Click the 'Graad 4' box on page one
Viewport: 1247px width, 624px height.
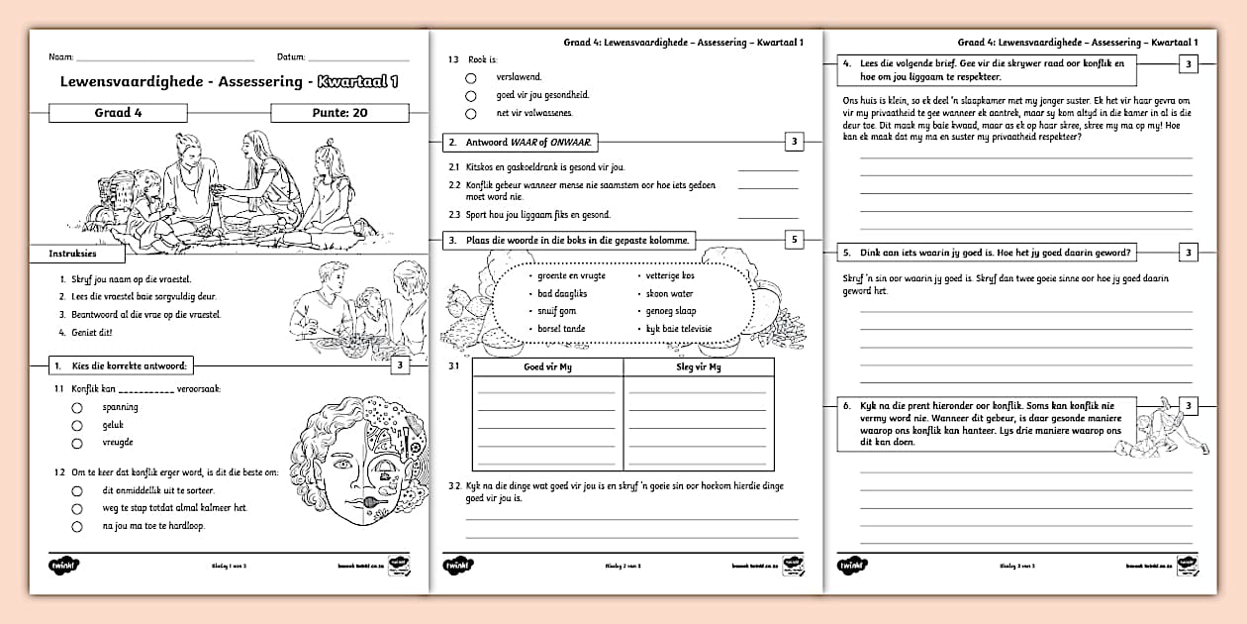click(119, 113)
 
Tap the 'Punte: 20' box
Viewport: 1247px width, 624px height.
click(339, 113)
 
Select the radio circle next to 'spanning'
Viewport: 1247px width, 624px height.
click(76, 407)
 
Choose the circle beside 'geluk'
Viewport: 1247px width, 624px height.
click(76, 425)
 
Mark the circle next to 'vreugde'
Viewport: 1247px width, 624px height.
click(76, 443)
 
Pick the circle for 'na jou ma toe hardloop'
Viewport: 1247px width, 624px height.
click(76, 526)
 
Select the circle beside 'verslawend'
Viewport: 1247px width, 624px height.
click(471, 77)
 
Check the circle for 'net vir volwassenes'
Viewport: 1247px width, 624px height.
click(471, 113)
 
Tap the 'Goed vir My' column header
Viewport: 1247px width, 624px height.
click(547, 367)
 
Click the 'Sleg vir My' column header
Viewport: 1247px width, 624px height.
click(699, 367)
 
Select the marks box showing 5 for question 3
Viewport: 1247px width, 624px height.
click(794, 240)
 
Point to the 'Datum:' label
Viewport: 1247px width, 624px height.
click(291, 57)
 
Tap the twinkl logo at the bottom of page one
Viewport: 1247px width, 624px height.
click(63, 566)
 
